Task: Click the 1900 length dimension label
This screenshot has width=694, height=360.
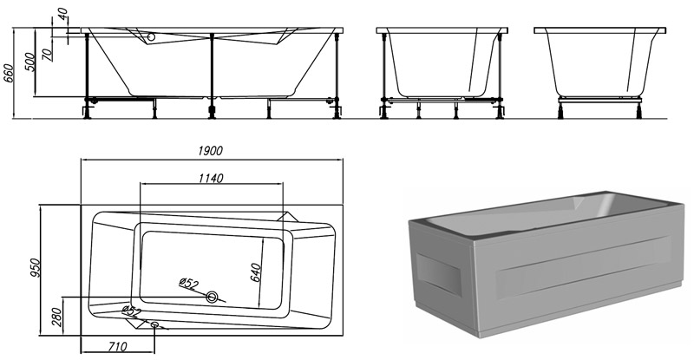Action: (x=210, y=151)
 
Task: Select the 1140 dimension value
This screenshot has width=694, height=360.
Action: (x=211, y=178)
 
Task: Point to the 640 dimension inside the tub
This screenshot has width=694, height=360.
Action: (x=255, y=272)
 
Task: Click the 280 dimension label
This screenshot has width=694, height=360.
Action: (x=57, y=317)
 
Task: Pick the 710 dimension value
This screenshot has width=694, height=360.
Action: (x=117, y=346)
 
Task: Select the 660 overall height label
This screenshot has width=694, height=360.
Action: (x=9, y=73)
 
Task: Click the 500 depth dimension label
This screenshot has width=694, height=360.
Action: (x=29, y=62)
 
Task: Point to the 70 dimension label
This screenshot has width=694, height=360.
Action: (x=48, y=54)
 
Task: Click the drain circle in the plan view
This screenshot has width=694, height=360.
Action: (x=213, y=297)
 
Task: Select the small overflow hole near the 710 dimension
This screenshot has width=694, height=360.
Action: (x=154, y=325)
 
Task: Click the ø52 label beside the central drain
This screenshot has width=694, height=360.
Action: (x=188, y=283)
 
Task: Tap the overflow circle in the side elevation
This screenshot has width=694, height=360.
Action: (x=151, y=38)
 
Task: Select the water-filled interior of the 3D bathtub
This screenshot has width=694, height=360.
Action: (x=549, y=213)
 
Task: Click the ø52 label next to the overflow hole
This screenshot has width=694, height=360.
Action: (x=131, y=311)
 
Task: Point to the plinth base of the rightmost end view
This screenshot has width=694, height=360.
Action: (x=600, y=100)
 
